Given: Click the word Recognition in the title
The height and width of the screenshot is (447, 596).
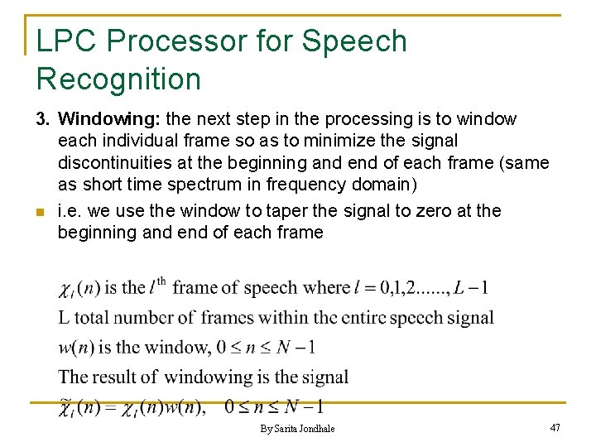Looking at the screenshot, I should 118,79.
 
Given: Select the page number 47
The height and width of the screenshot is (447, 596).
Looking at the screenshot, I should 555,428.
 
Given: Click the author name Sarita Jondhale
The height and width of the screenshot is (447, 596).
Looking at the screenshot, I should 305,429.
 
